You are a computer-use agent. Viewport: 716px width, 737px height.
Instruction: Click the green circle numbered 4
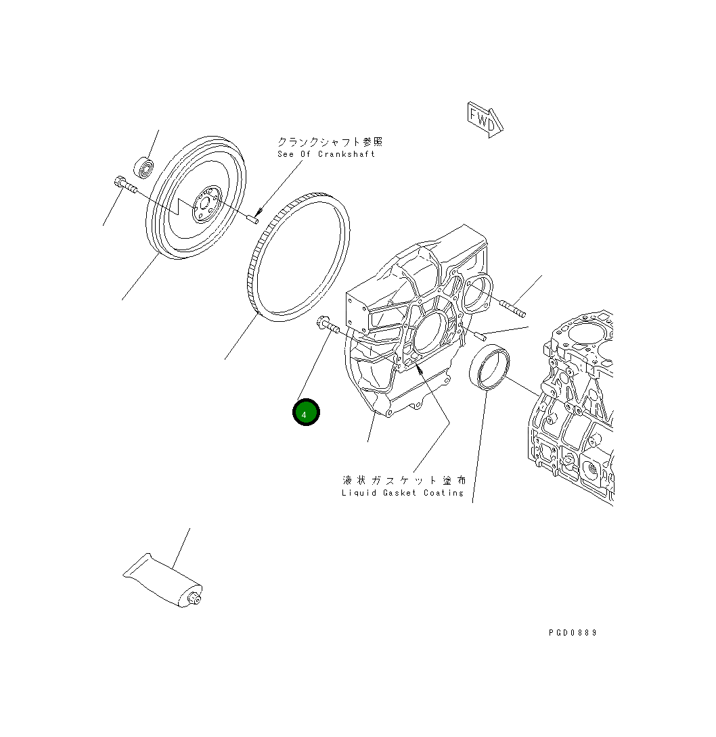point(306,412)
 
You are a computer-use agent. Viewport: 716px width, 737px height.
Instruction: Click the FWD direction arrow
point(485,120)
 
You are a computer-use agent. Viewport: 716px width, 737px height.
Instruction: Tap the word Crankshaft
point(346,154)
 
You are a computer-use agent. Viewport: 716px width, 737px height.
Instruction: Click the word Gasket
point(399,493)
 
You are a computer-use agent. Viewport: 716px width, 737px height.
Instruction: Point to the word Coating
point(444,493)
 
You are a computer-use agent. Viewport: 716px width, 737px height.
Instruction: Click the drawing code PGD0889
point(573,633)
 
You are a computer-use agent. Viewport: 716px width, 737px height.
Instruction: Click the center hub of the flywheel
point(206,204)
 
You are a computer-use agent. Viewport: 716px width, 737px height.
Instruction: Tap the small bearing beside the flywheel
point(143,166)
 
